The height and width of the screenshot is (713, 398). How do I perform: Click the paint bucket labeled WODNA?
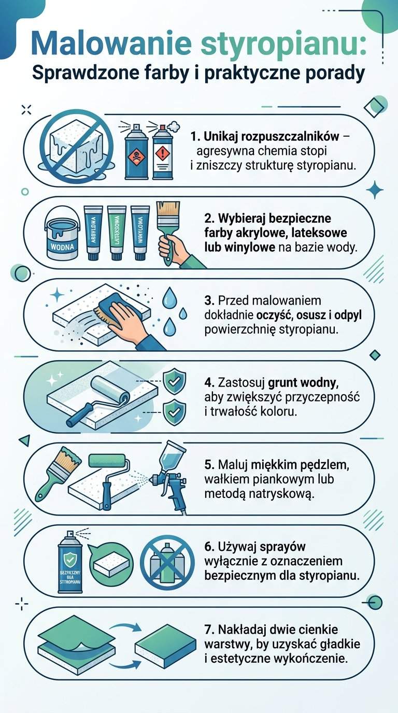[x=62, y=236]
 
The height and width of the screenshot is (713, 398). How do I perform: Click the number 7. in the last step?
[x=209, y=630]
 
